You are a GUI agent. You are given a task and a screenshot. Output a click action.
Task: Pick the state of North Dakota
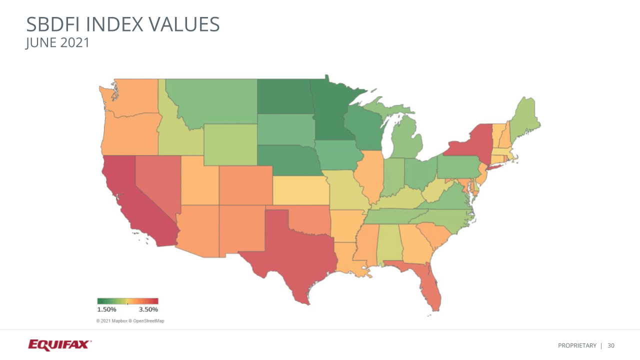point(283,96)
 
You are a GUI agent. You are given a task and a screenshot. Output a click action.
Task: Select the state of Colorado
point(245,185)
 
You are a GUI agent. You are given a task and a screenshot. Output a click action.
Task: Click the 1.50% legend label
point(106,309)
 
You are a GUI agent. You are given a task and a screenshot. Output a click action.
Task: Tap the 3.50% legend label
point(148,309)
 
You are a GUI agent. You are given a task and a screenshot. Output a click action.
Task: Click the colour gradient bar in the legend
point(127,301)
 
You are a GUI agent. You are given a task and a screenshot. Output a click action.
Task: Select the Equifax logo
point(59,345)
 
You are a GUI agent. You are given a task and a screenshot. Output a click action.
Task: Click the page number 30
point(611,345)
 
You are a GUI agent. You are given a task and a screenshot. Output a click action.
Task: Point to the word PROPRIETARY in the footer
point(577,345)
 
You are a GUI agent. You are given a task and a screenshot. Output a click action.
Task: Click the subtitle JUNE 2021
point(57,43)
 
